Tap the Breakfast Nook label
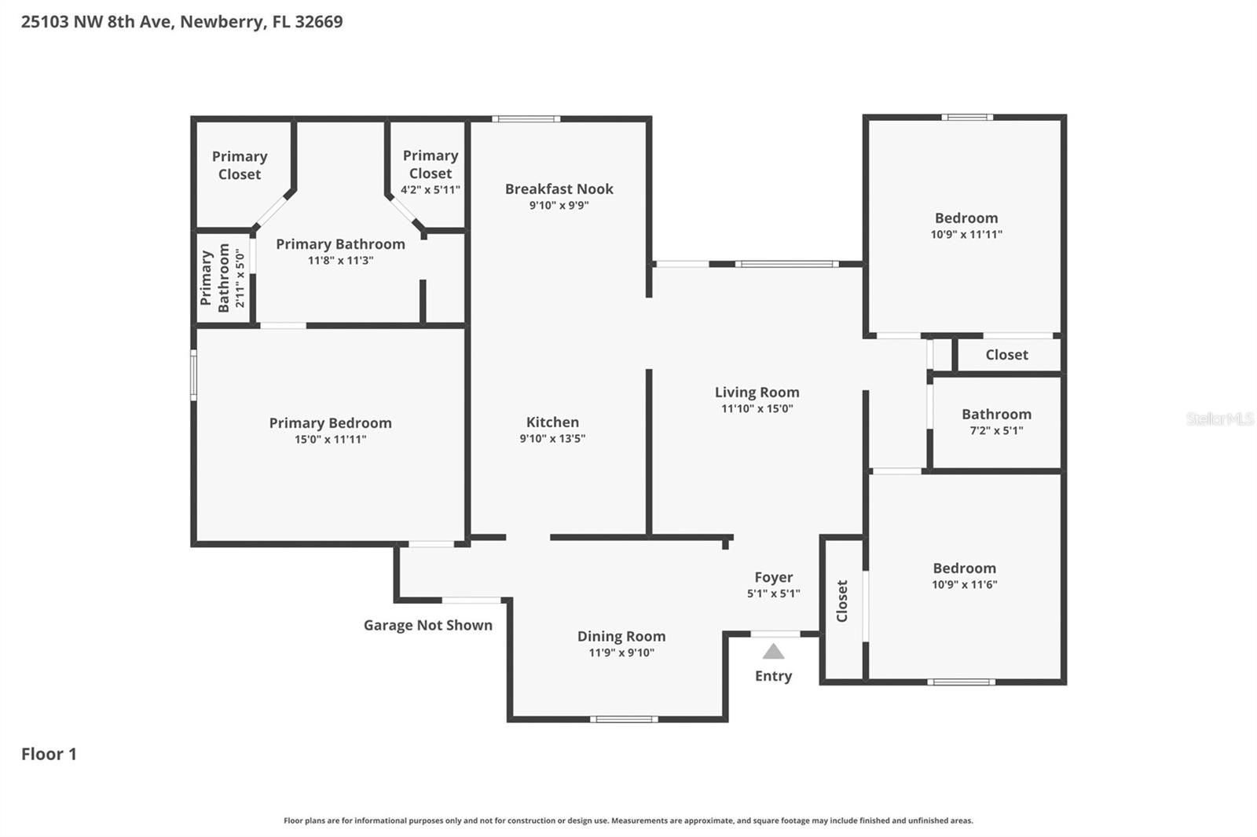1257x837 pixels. (x=559, y=188)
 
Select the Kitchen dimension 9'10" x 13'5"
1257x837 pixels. (x=552, y=439)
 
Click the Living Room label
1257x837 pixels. (x=757, y=392)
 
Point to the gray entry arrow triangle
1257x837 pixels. (x=773, y=652)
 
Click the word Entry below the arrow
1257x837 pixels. (x=773, y=676)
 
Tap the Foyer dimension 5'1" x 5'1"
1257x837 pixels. (x=773, y=594)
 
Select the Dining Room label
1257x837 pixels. (x=621, y=636)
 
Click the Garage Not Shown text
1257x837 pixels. (x=427, y=625)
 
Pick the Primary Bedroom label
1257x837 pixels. (x=330, y=422)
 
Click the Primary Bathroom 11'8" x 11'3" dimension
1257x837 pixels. (x=340, y=261)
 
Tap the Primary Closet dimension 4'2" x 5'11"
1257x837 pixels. (x=430, y=190)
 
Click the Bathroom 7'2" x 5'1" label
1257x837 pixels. (x=996, y=421)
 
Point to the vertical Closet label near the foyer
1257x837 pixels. (x=842, y=601)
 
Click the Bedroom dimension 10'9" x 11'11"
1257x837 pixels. (x=966, y=235)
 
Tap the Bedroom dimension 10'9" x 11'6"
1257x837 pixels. (x=964, y=585)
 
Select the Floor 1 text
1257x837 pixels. (x=49, y=754)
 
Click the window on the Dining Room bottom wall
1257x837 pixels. (x=624, y=718)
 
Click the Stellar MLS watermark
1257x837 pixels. (x=1219, y=418)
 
